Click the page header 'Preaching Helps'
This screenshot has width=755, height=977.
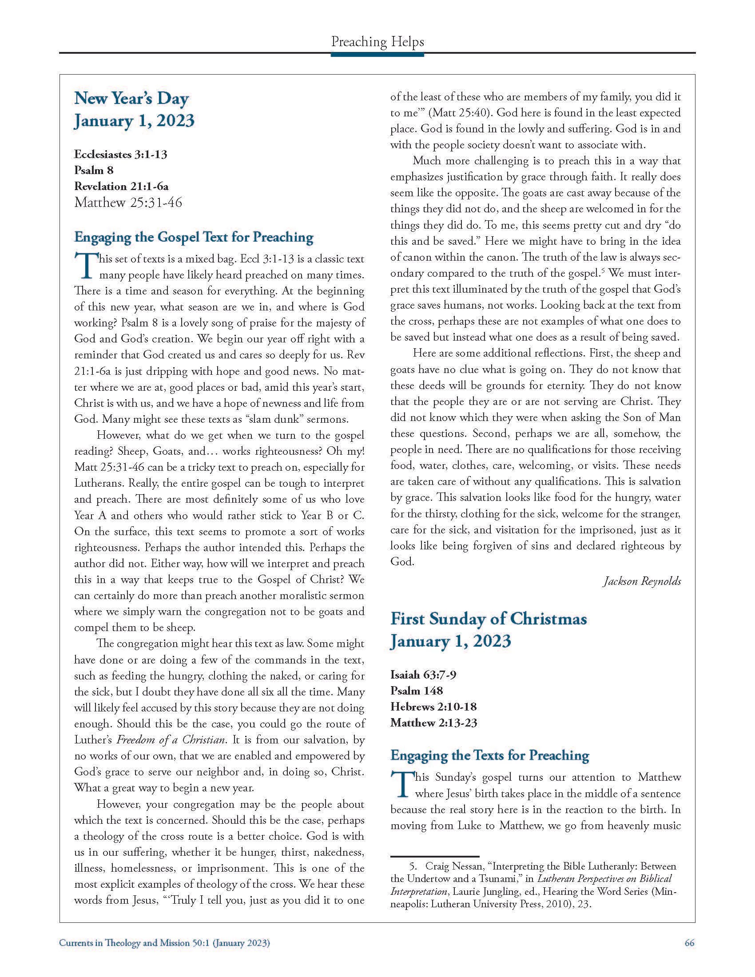click(377, 42)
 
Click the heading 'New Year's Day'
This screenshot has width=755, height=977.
click(131, 98)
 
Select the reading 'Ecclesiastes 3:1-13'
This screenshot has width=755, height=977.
click(121, 155)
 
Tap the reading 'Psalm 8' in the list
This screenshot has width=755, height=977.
click(94, 171)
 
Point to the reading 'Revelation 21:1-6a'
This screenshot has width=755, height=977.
click(121, 186)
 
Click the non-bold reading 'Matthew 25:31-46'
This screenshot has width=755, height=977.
click(128, 203)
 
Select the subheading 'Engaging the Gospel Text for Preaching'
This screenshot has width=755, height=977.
click(194, 237)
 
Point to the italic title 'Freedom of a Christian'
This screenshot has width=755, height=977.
click(171, 740)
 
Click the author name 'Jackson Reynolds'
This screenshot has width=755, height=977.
click(642, 581)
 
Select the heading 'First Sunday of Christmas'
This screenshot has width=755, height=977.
click(489, 619)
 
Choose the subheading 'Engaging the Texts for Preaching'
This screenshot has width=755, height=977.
click(490, 755)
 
